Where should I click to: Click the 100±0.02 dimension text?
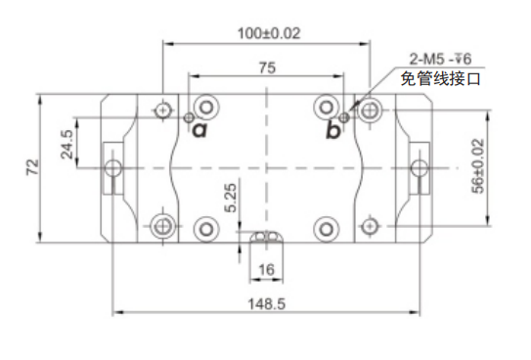click(269, 33)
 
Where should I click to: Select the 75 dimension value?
click(267, 67)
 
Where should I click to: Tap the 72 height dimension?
click(33, 166)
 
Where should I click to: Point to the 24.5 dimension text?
click(66, 144)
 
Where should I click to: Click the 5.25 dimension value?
click(231, 199)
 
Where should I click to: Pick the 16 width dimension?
click(266, 270)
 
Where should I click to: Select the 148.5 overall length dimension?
click(267, 304)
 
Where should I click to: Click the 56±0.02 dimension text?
click(478, 166)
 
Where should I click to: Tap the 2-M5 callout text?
click(440, 59)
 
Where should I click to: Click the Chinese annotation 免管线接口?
click(440, 79)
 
